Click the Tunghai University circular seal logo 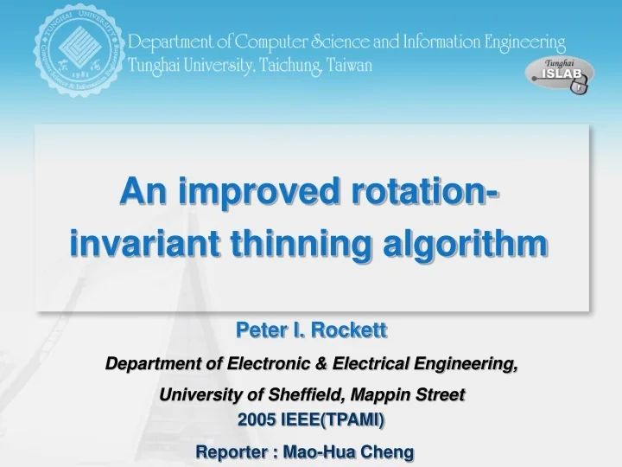[75, 52]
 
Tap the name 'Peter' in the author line [257, 329]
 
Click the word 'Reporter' [230, 451]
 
